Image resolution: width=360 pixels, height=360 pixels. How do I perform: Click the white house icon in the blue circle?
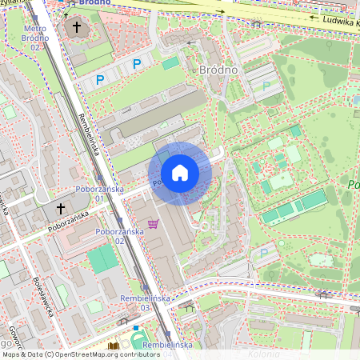(x=180, y=173)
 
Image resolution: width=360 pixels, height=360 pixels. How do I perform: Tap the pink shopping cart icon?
(x=153, y=224)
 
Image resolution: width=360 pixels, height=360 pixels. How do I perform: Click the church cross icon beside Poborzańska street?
(x=61, y=209)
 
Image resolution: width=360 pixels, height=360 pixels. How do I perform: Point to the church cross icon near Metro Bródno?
(x=77, y=28)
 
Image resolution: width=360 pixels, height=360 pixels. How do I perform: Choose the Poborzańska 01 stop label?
(x=99, y=193)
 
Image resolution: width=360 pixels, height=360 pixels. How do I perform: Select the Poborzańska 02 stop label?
(x=120, y=235)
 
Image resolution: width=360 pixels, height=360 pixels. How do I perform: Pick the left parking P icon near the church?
(x=100, y=79)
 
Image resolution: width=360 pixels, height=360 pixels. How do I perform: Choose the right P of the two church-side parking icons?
(x=137, y=63)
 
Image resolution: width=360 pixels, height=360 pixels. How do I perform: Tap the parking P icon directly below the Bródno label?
(x=266, y=86)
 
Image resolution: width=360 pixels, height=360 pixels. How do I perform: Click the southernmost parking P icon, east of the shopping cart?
(x=264, y=253)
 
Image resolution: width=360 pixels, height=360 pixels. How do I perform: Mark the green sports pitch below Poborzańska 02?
(x=102, y=259)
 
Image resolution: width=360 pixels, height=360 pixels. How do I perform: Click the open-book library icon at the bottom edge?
(x=113, y=346)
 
